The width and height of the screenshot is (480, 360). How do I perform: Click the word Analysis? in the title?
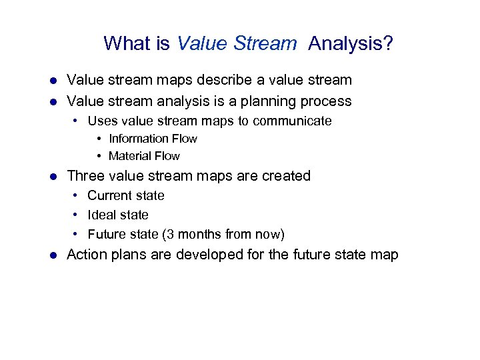click(351, 44)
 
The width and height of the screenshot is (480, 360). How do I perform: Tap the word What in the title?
click(127, 44)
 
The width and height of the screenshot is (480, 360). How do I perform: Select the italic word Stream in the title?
click(267, 44)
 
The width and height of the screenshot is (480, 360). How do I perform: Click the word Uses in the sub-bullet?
click(101, 121)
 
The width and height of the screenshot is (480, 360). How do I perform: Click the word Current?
click(108, 195)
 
